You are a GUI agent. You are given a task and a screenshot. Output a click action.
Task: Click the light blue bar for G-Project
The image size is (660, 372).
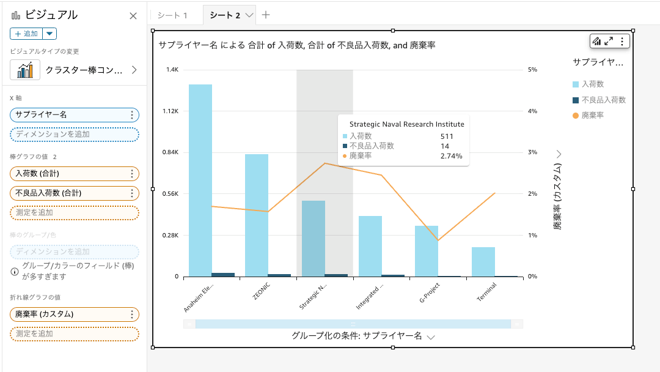(x=427, y=251)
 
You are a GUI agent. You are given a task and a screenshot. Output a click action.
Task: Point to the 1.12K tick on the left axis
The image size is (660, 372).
(x=170, y=111)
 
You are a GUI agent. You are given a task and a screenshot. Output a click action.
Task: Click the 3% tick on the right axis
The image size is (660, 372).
(x=532, y=152)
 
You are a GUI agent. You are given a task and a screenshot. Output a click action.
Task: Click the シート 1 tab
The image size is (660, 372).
(x=172, y=15)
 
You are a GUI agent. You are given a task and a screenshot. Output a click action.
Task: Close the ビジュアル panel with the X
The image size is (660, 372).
(x=133, y=16)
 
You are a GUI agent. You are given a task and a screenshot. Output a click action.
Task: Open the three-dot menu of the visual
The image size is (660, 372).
(x=622, y=41)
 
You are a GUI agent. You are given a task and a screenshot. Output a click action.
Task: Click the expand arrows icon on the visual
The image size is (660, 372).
(x=609, y=41)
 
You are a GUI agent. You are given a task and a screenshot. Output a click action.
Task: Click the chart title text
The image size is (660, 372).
(x=296, y=45)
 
